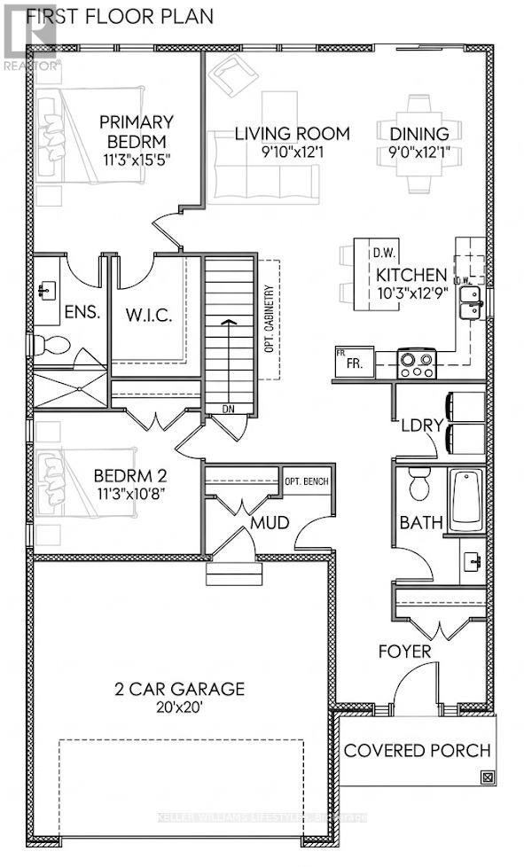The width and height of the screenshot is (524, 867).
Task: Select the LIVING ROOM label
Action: (292, 134)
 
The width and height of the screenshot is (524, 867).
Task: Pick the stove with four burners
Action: (417, 361)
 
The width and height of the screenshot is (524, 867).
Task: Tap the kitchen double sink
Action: (471, 302)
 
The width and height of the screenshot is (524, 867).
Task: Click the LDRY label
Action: (420, 425)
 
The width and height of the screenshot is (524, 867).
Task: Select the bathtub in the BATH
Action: (467, 500)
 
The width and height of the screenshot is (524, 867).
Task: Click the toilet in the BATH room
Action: (418, 486)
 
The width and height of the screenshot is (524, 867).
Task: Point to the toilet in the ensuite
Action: (47, 345)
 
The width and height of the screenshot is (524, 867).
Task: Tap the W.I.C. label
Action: (149, 314)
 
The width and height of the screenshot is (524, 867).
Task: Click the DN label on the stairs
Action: (228, 410)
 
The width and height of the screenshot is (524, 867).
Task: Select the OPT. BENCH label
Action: (306, 482)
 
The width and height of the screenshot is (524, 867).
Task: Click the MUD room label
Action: (270, 522)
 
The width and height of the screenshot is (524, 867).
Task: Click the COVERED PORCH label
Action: (417, 751)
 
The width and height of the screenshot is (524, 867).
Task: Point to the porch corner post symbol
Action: (486, 777)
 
